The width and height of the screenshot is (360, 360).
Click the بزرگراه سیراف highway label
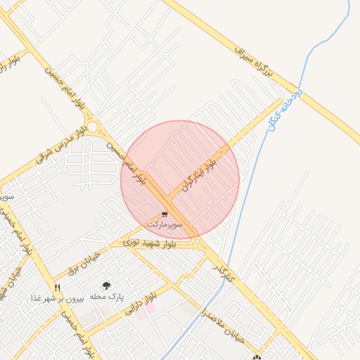(254, 60)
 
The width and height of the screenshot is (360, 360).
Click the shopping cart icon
(165, 214)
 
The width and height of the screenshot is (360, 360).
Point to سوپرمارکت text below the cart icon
(165, 224)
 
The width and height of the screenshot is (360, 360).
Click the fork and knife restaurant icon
(58, 288)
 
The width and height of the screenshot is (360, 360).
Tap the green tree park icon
(106, 285)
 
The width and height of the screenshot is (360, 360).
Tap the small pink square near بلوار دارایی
(150, 307)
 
